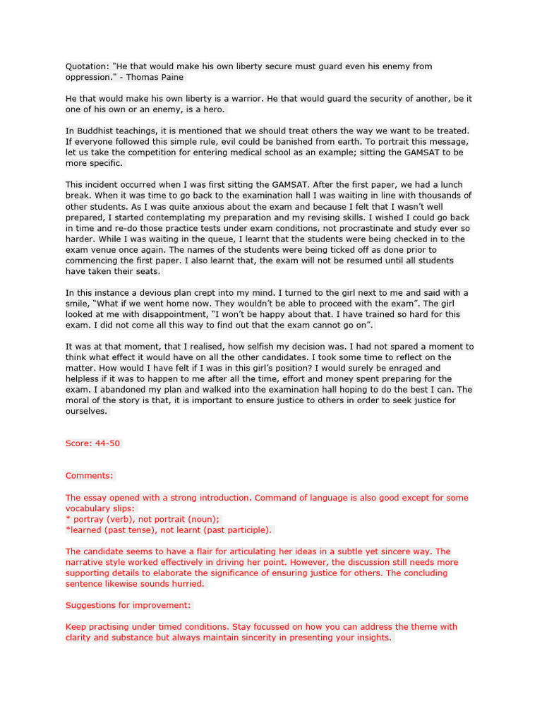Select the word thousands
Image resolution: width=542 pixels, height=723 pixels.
[x=438, y=196]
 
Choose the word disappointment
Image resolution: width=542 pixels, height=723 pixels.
[x=158, y=314]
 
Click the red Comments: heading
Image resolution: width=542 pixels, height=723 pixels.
[x=90, y=476]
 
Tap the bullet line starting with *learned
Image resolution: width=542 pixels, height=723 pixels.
[x=169, y=530]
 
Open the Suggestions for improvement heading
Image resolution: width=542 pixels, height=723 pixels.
[x=128, y=605]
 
